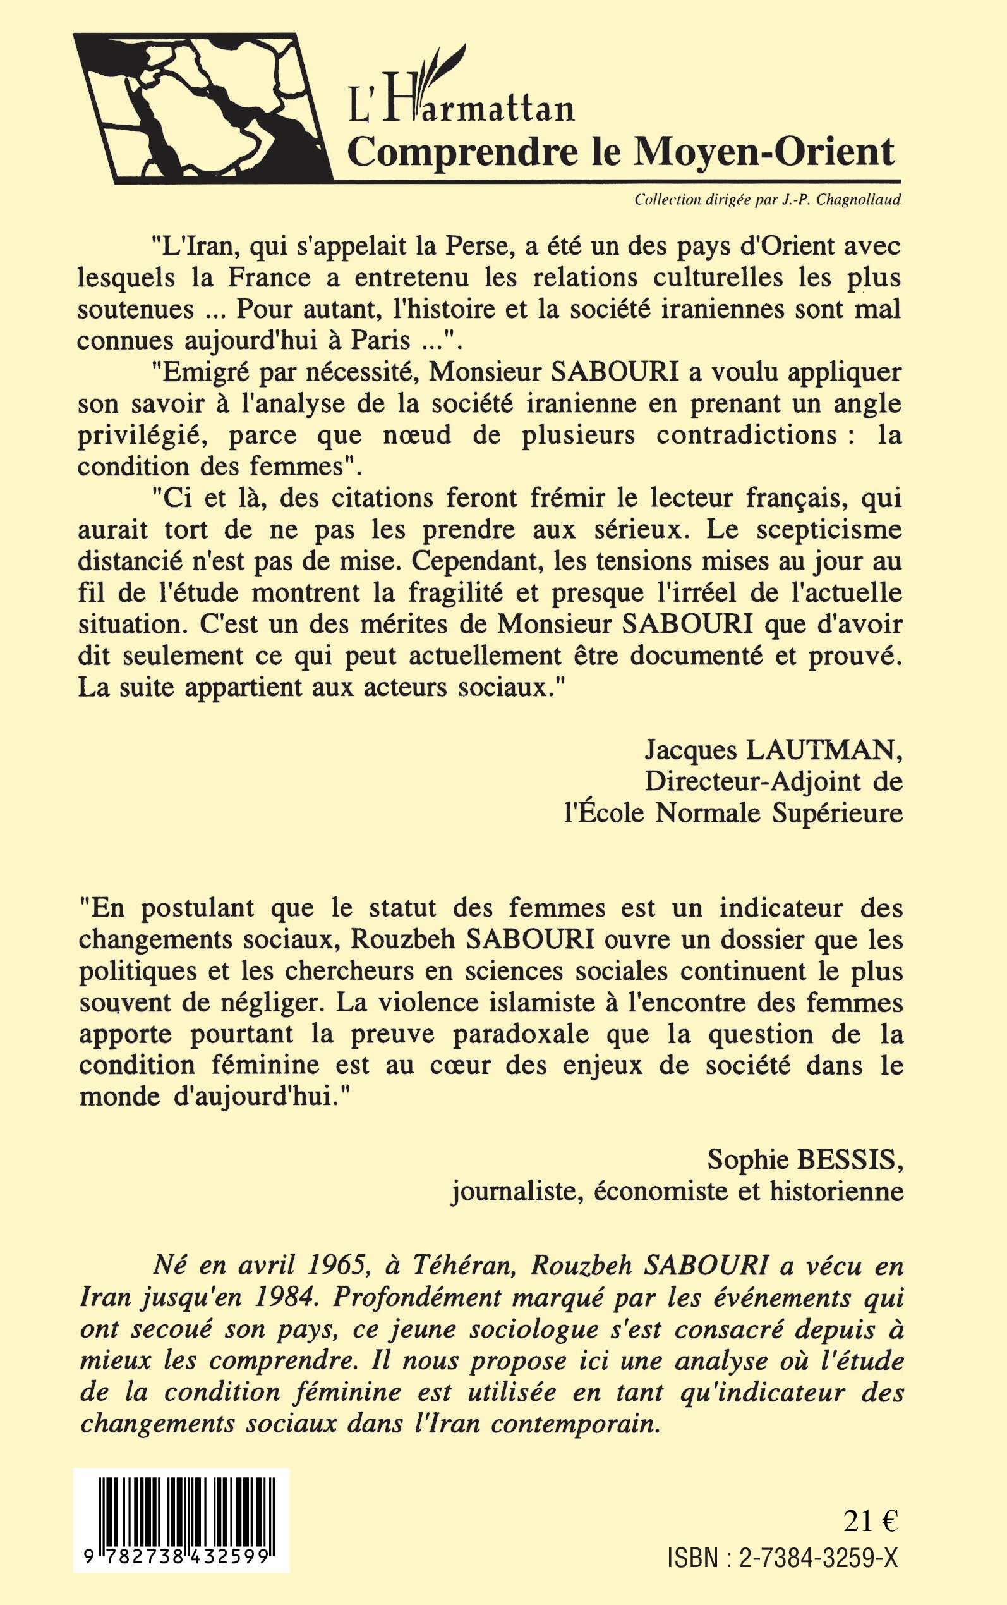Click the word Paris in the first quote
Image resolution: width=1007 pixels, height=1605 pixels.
380,341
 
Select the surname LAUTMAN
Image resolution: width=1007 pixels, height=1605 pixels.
823,751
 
